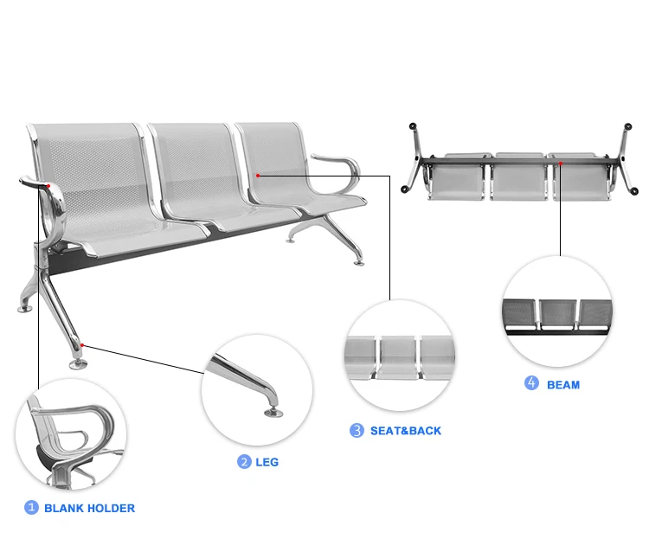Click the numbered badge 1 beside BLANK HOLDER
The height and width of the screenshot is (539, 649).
coord(31,508)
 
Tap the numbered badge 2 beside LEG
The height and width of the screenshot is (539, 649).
coord(244,462)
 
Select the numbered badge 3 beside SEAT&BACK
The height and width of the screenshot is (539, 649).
coord(357,430)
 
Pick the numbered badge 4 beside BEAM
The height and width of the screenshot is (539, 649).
coord(531,383)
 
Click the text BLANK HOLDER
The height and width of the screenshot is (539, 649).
coord(89,508)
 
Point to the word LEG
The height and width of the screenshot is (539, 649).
coord(267,462)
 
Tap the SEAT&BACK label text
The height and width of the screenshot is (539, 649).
coord(406,430)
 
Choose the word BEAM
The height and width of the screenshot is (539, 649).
coord(563,384)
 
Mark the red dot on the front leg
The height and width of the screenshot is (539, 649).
coord(82,345)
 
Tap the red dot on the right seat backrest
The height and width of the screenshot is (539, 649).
coord(258,175)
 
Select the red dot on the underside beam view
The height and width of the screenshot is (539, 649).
coord(560,161)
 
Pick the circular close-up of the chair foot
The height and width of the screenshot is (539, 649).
coord(257,389)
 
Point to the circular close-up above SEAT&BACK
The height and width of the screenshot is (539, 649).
coord(399,356)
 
